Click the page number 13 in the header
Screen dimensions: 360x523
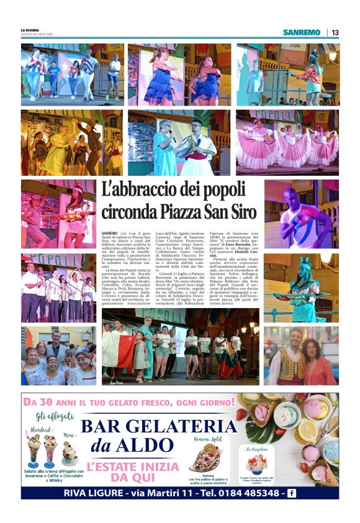point(335,32)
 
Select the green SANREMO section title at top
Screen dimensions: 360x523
point(302,32)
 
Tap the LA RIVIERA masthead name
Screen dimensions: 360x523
point(29,30)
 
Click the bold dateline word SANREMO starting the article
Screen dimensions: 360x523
point(109,232)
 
